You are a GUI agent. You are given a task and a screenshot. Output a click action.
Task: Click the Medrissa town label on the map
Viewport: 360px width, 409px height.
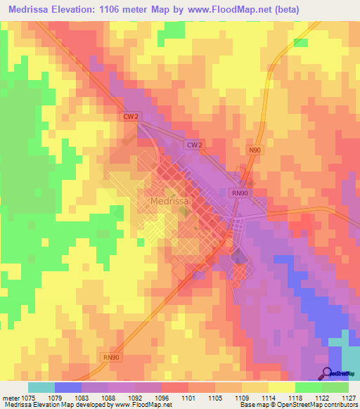[169, 202]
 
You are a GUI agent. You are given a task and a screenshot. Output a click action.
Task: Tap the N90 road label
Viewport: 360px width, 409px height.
[255, 150]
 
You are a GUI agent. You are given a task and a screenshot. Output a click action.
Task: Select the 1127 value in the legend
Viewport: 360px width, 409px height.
[347, 397]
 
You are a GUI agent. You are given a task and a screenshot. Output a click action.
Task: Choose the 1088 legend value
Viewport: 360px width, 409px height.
[106, 397]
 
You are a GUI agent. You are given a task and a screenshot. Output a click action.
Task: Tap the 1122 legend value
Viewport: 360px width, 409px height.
[320, 397]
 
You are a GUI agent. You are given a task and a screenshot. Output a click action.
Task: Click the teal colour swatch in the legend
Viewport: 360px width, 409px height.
[41, 387]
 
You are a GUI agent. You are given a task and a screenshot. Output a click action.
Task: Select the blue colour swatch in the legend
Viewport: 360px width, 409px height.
[67, 387]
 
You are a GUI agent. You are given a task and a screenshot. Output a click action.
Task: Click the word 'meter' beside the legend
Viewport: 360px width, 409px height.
[11, 397]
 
